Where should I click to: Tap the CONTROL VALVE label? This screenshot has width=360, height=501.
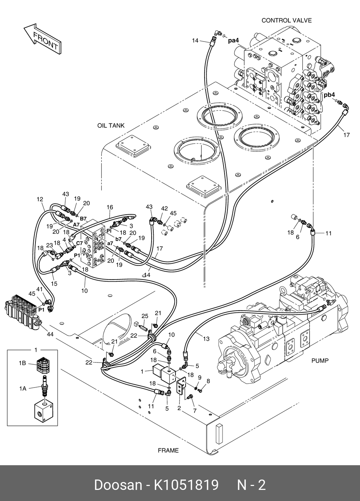tap(286, 20)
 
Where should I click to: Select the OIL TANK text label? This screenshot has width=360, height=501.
tap(111, 126)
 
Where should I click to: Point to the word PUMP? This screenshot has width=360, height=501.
tap(320, 360)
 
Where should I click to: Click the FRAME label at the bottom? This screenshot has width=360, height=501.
tap(168, 450)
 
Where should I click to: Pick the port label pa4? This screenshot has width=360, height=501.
tap(234, 41)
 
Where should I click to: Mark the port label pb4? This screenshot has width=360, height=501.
tap(329, 95)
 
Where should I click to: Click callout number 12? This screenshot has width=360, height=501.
tap(40, 199)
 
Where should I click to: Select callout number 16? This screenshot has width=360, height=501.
tap(110, 207)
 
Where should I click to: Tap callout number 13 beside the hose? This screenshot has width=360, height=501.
tap(206, 339)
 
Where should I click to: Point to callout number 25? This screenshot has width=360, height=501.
tap(145, 316)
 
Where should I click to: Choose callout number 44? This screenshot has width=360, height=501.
tap(50, 334)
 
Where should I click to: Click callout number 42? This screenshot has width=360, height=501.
tap(164, 208)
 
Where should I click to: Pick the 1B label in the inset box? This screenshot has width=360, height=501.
tap(22, 363)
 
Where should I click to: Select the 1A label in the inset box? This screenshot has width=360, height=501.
tap(22, 388)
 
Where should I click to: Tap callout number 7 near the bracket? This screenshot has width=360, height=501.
tap(195, 410)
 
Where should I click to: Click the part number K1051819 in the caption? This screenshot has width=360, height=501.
tap(186, 485)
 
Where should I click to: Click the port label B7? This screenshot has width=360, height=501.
tap(83, 219)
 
